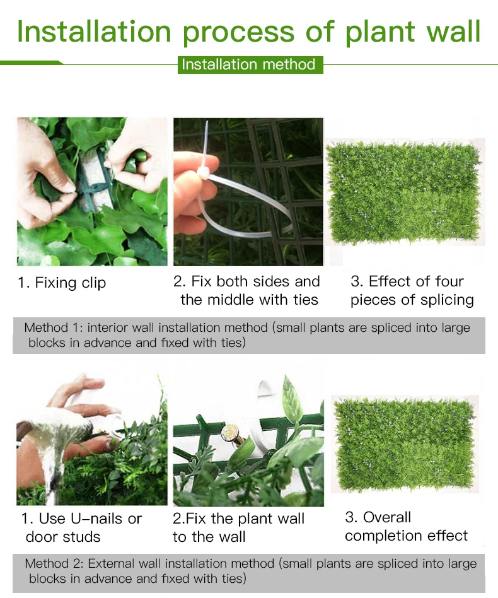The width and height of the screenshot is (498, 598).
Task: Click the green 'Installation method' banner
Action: click(x=250, y=64)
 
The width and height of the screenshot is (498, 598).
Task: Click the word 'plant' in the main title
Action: click(x=380, y=32)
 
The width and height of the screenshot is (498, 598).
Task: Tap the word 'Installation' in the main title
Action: click(x=94, y=32)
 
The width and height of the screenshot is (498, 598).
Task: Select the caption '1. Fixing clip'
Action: click(x=62, y=283)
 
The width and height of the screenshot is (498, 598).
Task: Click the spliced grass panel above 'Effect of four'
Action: click(x=404, y=192)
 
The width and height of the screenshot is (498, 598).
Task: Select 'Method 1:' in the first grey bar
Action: click(x=54, y=327)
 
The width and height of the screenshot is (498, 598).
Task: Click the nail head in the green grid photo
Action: click(x=230, y=433)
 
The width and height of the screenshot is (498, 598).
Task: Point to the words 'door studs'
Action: click(x=63, y=537)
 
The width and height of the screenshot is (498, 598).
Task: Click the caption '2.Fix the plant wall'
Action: click(x=238, y=519)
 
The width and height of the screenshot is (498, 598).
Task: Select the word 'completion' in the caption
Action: click(x=384, y=536)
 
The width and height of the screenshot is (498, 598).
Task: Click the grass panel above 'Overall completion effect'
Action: click(x=405, y=444)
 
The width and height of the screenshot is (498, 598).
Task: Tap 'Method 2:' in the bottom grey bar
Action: click(x=54, y=564)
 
